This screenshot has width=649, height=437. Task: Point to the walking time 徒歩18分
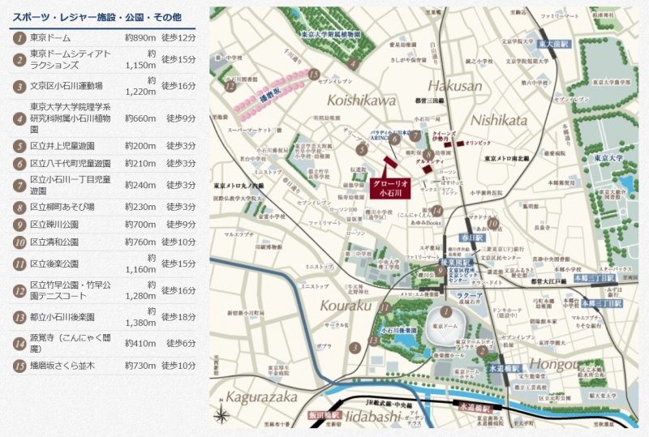[181, 317]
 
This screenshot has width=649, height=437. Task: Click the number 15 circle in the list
[19, 366]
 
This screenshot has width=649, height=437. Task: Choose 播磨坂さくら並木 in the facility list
[62, 366]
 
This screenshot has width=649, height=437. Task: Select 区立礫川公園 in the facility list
[54, 225]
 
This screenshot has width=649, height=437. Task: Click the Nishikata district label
[498, 120]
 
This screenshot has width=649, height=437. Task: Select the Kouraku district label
[345, 306]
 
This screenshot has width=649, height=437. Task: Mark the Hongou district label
[558, 363]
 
